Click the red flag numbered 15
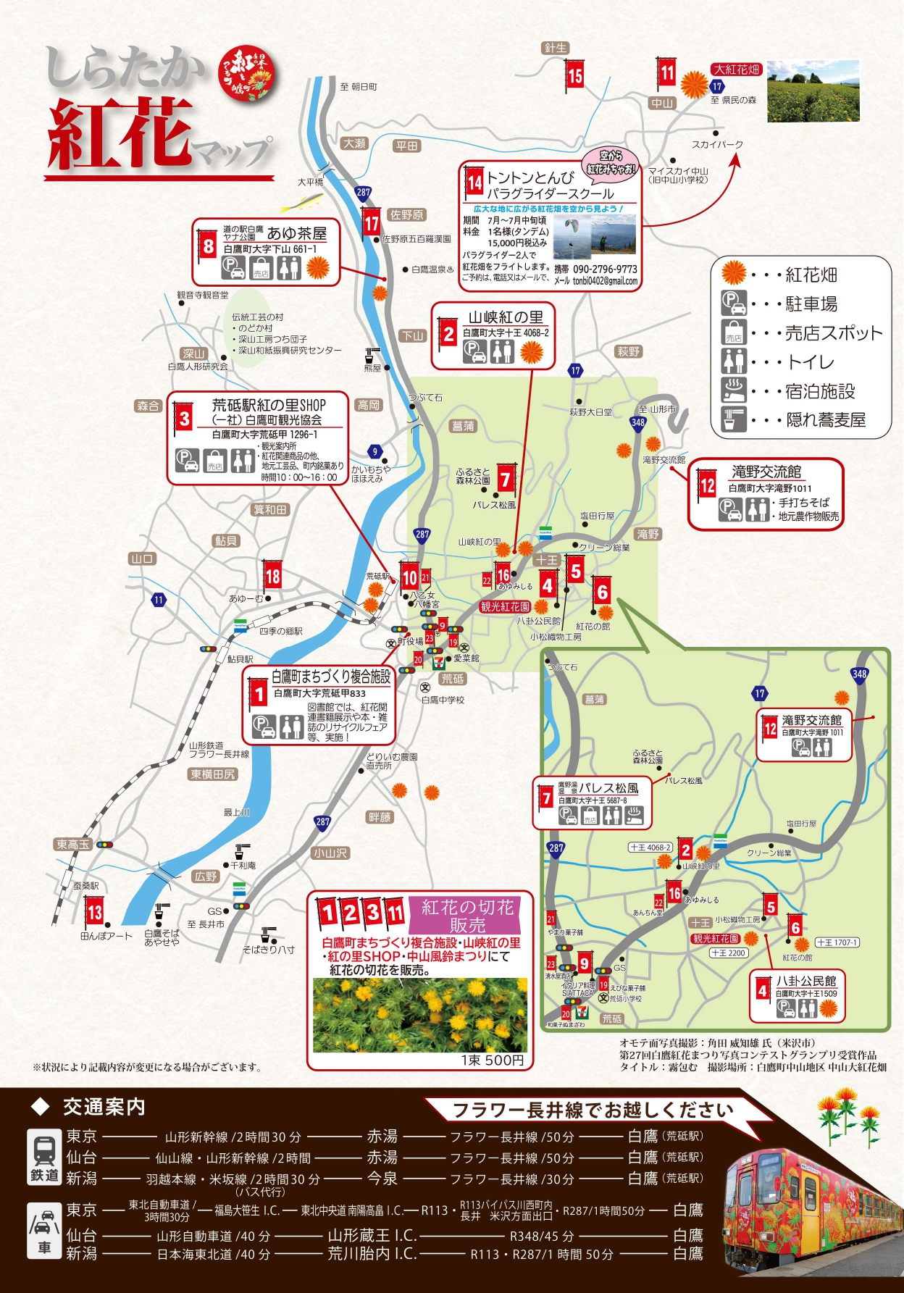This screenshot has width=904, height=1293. pos(575,75)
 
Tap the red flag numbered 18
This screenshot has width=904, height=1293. pos(272,576)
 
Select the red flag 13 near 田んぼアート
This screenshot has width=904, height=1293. pos(95,911)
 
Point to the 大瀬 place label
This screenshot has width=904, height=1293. pos(354,143)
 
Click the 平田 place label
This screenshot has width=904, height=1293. pos(407,146)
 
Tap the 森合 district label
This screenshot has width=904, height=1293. pos(148,406)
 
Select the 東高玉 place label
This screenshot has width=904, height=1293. pos(73,845)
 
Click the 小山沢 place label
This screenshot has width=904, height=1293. pos(330,853)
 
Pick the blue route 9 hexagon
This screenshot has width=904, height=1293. pos(374,451)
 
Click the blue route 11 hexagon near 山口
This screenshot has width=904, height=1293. pos(159,600)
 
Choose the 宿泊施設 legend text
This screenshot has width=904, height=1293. pos(820,392)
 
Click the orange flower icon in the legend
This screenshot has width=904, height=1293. pos(734,273)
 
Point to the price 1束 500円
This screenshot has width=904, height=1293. pos(492,1060)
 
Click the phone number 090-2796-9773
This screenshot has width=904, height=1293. pos(605,269)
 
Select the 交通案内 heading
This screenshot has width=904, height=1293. pos(104,1108)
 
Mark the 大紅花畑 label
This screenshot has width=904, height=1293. pos(737,70)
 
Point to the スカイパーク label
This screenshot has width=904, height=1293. pos(717,144)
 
